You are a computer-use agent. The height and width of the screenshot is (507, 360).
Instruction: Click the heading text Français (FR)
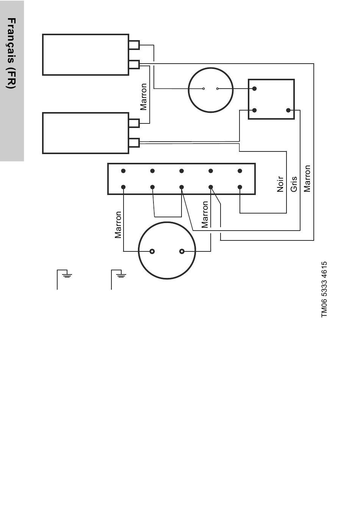[x=11, y=53]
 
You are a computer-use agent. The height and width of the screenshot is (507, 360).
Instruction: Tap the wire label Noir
[x=280, y=184]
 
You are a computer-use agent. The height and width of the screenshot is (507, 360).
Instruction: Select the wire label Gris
[x=294, y=184]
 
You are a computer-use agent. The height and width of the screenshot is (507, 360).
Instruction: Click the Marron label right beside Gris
[x=307, y=178]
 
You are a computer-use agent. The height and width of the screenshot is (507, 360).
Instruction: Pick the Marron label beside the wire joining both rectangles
[x=144, y=97]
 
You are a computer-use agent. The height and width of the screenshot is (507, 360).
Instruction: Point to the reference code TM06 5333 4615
[x=324, y=290]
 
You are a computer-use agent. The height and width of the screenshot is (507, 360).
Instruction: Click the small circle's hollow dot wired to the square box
[x=218, y=89]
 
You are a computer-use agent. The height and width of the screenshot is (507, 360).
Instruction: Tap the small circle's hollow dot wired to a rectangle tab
[x=203, y=89]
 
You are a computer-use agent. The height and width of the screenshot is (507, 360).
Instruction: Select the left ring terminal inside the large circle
[x=152, y=251]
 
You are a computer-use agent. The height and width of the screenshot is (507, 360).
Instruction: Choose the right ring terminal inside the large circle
[x=182, y=251]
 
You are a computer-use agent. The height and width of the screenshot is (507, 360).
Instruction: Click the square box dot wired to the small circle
[x=255, y=89]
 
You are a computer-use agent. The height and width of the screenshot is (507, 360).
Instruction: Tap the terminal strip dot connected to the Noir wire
[x=240, y=187]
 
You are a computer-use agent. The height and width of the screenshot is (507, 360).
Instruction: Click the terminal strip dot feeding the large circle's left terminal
[x=123, y=187]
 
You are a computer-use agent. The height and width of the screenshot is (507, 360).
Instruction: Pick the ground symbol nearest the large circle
[x=121, y=274]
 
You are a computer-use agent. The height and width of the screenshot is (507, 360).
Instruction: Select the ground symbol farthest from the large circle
[x=67, y=274]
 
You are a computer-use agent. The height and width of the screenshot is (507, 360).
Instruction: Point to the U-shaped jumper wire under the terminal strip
[x=167, y=216]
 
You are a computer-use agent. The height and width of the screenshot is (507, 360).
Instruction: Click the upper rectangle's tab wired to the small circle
[x=134, y=45]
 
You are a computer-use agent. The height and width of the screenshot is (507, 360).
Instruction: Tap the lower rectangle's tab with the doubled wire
[x=134, y=142]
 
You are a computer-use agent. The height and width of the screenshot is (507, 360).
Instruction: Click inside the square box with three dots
[x=271, y=99]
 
